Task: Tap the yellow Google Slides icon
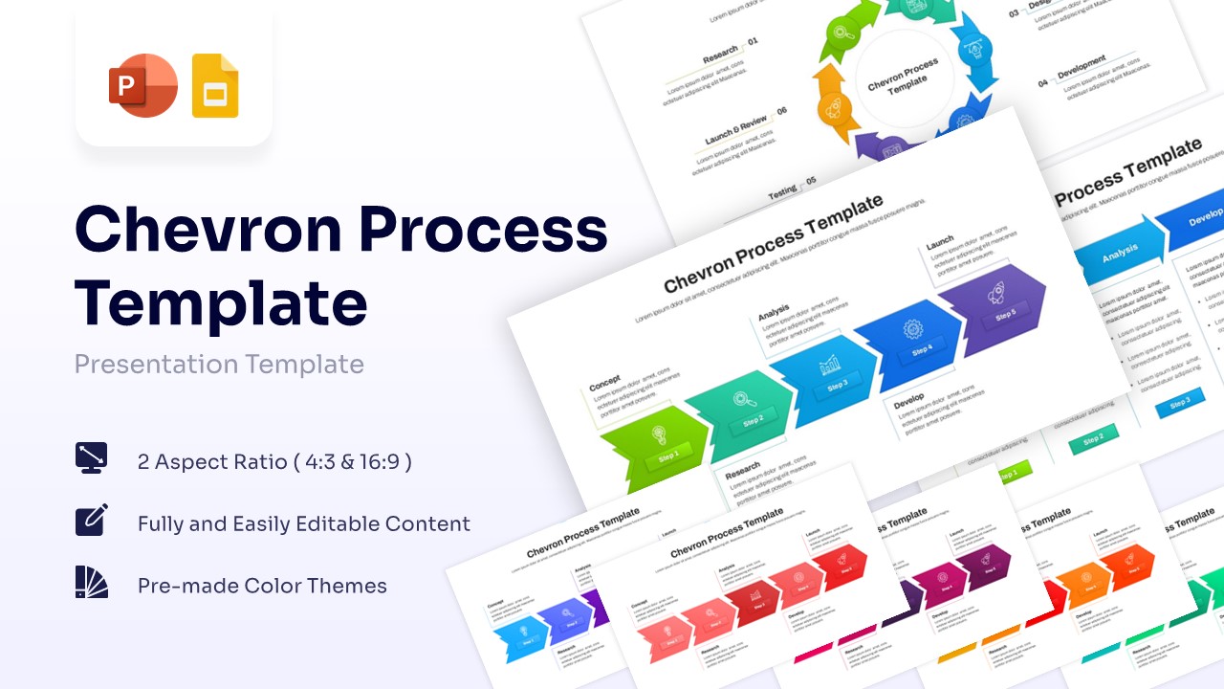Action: (215, 86)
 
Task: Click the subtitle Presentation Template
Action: (219, 365)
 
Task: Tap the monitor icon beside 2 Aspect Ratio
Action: (92, 457)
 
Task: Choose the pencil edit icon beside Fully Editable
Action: (92, 520)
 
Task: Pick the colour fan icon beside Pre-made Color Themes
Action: (92, 582)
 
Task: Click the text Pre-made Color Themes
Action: (262, 586)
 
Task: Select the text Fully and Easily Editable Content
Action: (304, 524)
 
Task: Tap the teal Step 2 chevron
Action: (742, 407)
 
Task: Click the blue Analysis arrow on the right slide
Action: (1119, 251)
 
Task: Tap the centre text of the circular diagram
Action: (903, 77)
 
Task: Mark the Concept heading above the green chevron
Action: (605, 380)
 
